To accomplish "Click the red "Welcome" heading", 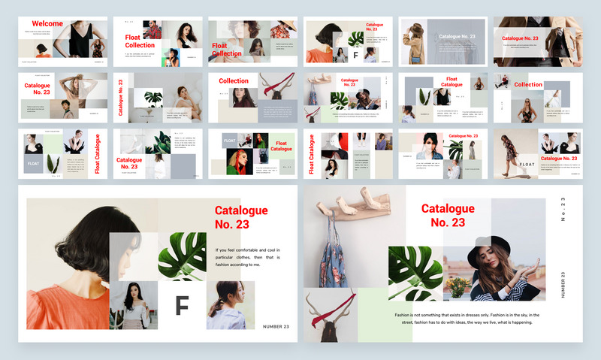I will pyautogui.click(x=47, y=24).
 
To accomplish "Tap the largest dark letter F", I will pyautogui.click(x=181, y=306).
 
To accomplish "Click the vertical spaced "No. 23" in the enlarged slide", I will pyautogui.click(x=563, y=213).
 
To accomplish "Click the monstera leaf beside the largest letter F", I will pyautogui.click(x=183, y=256).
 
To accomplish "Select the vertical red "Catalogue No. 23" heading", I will pyautogui.click(x=119, y=98).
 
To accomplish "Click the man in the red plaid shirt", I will pyautogui.click(x=153, y=30).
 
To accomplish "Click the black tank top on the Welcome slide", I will pyautogui.click(x=80, y=38).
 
